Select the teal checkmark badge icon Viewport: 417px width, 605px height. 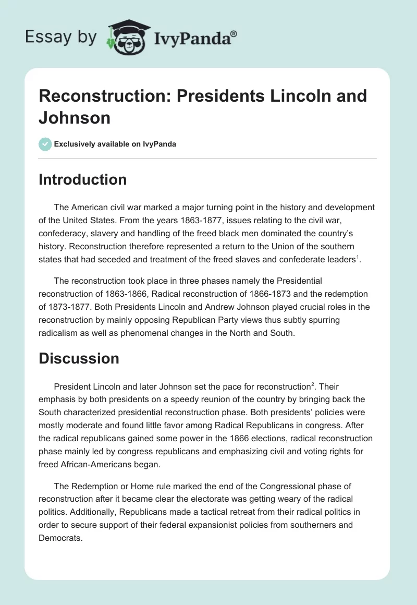(45, 144)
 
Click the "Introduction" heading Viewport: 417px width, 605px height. (83, 179)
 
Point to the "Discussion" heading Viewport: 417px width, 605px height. (79, 358)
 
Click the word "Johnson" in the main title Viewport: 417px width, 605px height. (75, 118)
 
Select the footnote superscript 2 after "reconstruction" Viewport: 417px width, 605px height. (312, 384)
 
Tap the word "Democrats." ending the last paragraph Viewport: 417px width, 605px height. (60, 538)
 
